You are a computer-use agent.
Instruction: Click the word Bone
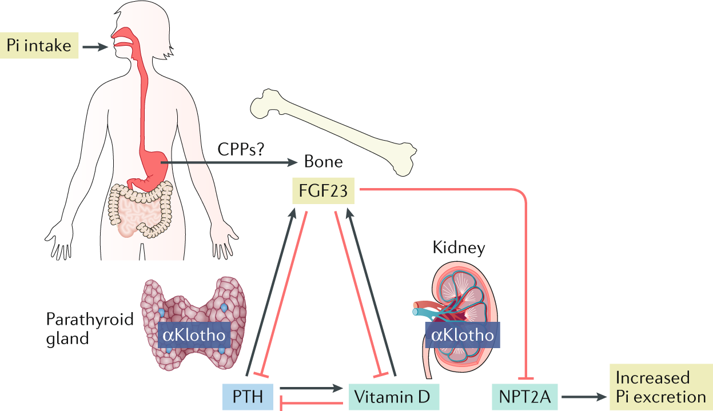point(324,162)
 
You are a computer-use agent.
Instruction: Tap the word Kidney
point(459,248)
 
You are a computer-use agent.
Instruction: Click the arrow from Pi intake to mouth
point(95,46)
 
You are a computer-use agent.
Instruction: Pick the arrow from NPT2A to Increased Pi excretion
point(584,396)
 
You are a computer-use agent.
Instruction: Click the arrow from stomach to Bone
point(229,163)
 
